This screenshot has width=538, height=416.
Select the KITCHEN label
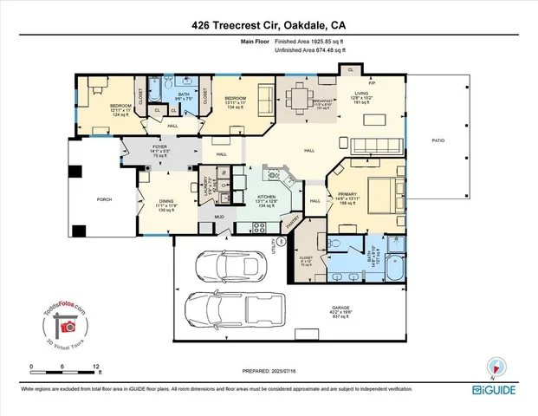pyautogui.click(x=266, y=197)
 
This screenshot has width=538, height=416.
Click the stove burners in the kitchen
pyautogui.click(x=258, y=228)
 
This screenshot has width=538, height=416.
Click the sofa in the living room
pyautogui.click(x=378, y=145)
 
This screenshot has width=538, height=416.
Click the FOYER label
pyautogui.click(x=159, y=147)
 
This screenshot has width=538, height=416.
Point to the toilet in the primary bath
pyautogui.click(x=396, y=246)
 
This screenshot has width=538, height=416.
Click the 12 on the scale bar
pyautogui.click(x=97, y=366)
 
